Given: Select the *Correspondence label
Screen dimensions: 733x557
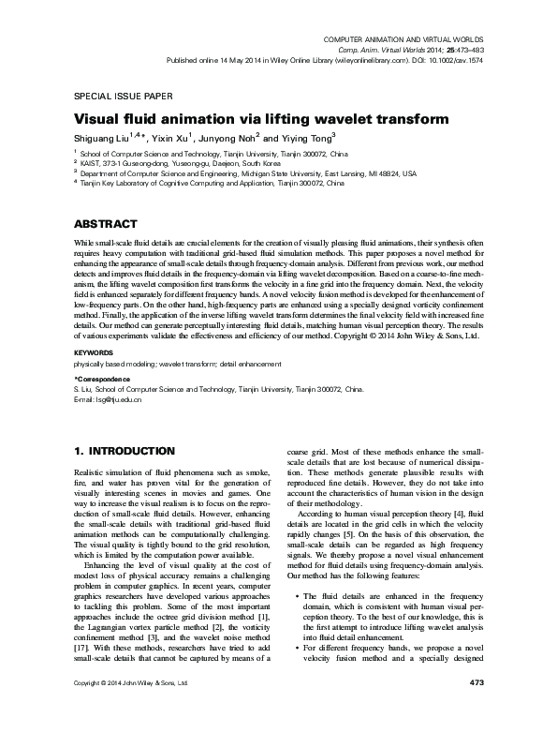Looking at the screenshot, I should click(x=103, y=378).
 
